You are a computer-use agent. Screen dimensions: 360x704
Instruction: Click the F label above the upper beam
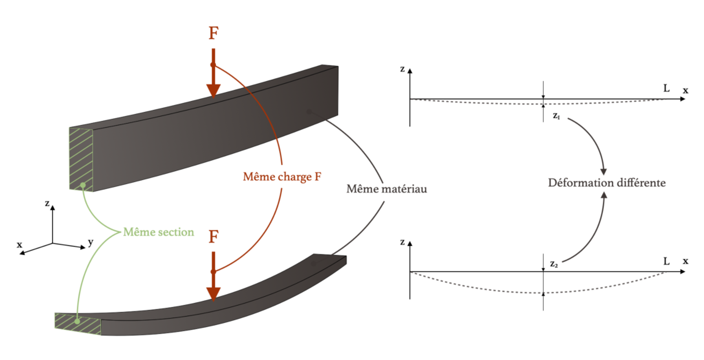[x=214, y=34]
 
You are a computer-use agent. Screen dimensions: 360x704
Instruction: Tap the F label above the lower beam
[x=214, y=237]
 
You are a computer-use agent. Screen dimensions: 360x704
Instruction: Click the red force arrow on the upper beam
[x=214, y=76]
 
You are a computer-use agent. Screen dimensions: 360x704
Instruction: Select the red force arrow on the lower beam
[x=214, y=278]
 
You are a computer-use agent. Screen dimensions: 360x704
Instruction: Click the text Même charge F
[x=282, y=176]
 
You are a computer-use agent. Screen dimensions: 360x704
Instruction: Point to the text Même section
[x=159, y=232]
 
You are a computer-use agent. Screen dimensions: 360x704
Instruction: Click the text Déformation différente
[x=606, y=183]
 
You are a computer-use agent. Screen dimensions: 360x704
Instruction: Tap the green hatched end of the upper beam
[x=81, y=158]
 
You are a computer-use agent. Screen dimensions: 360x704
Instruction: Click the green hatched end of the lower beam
[x=78, y=324]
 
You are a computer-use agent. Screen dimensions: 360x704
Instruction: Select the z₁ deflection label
[x=556, y=116]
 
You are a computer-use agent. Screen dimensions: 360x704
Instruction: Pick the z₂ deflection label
[x=554, y=263]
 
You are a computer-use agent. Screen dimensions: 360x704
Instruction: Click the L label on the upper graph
[x=666, y=89]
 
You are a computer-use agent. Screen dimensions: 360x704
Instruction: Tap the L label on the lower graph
[x=666, y=261]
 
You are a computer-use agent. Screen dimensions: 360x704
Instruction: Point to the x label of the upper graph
[x=685, y=90]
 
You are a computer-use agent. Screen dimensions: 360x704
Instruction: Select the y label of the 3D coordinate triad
[x=90, y=242]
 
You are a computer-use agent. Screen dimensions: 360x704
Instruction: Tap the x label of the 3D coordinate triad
[x=20, y=245]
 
